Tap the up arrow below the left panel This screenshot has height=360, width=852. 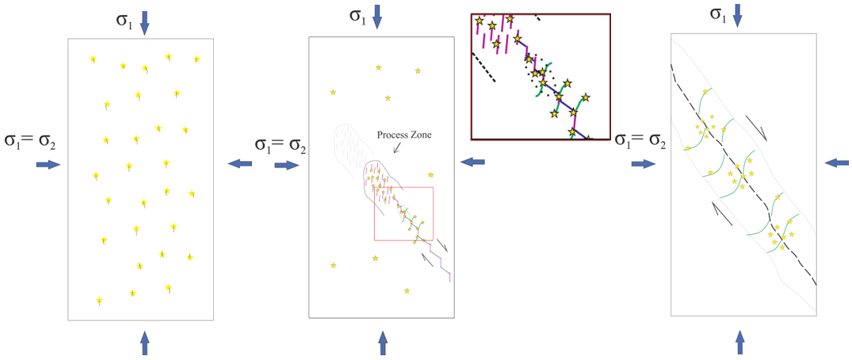click(144, 342)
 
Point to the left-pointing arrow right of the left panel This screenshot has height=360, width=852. click(240, 163)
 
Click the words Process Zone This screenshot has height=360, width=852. click(404, 134)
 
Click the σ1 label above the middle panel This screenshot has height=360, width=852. click(357, 17)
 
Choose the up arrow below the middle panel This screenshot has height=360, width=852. click(383, 342)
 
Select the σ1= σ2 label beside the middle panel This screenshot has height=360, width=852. click(280, 145)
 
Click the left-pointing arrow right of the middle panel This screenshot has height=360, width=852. click(473, 162)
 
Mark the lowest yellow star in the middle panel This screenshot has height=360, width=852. click(407, 291)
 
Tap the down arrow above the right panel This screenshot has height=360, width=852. click(739, 13)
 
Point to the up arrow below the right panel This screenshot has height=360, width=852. click(739, 342)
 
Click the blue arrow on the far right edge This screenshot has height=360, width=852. click(837, 162)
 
